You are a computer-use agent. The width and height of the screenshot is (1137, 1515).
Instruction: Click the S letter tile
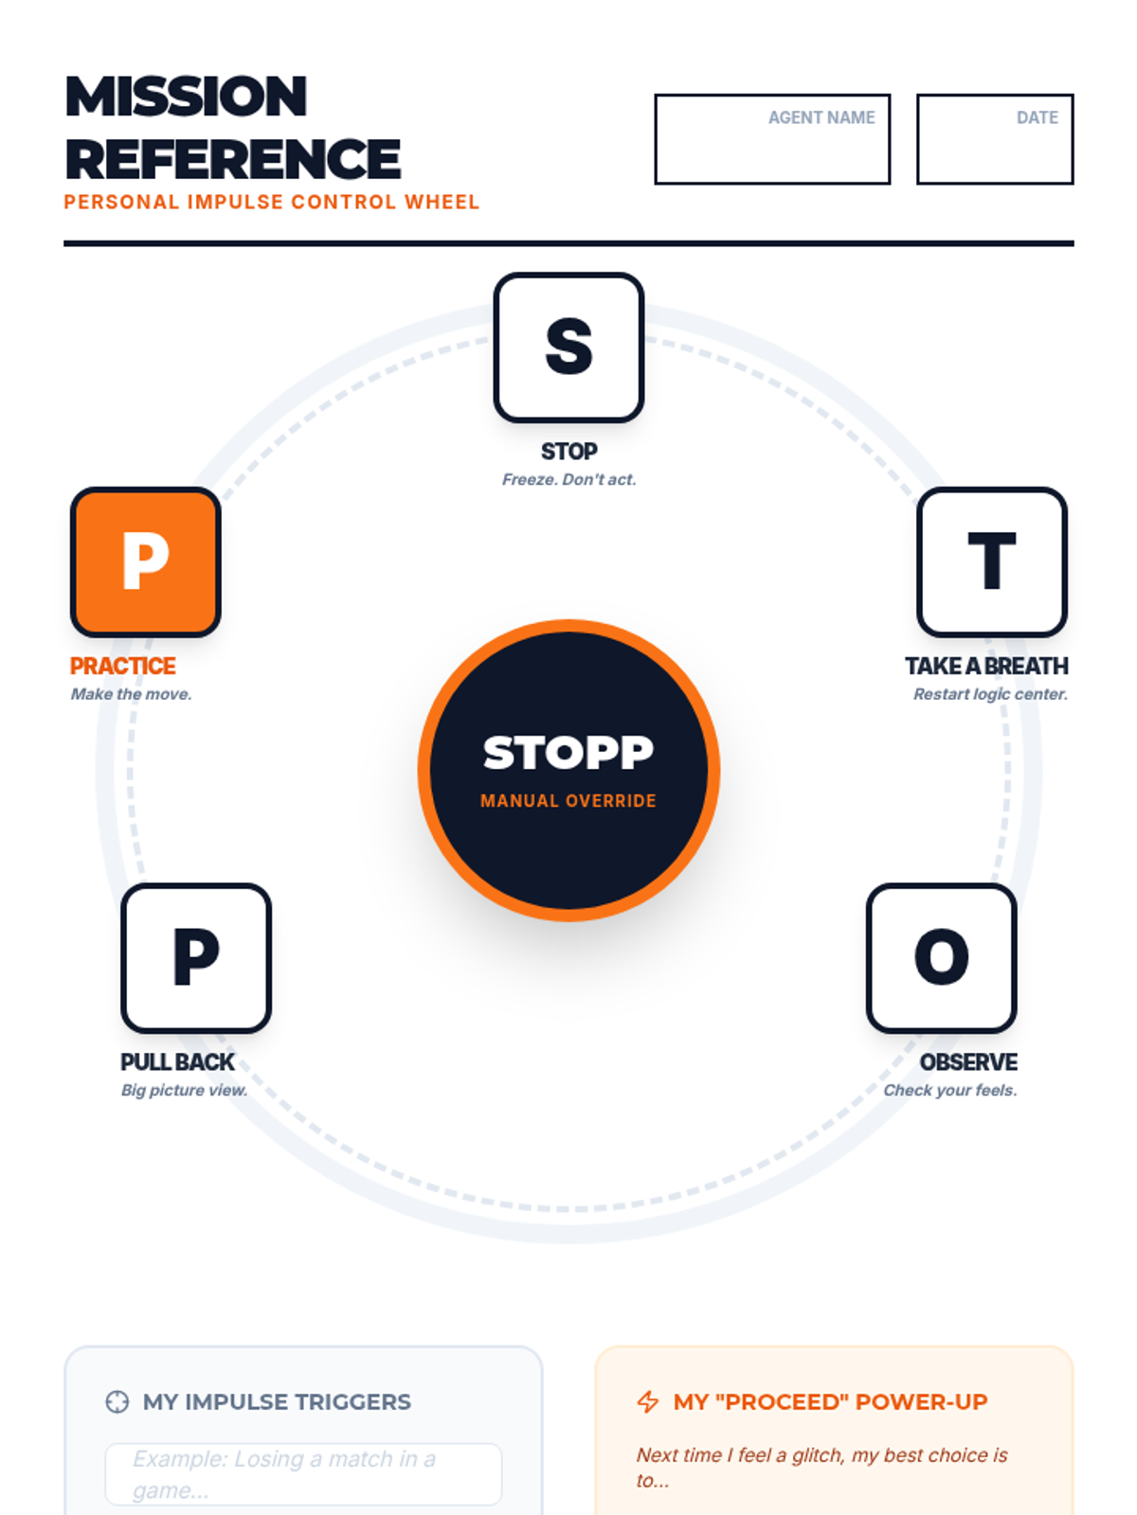[x=568, y=348]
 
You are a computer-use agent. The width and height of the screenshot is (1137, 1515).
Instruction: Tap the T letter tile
[x=992, y=562]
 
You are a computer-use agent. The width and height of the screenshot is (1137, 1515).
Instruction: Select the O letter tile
[x=941, y=958]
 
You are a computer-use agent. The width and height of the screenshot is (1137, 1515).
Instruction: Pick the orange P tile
[x=146, y=562]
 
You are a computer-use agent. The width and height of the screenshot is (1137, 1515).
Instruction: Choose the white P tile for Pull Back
[x=196, y=958]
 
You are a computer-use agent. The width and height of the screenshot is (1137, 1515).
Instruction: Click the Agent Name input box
[x=772, y=139]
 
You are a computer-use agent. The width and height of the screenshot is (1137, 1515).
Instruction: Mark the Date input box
[x=995, y=139]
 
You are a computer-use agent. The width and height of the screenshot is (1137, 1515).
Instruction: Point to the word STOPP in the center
[x=568, y=754]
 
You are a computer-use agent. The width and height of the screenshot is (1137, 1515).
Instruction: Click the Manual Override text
[x=568, y=801]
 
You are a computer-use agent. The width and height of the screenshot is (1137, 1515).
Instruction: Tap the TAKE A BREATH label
[x=986, y=667]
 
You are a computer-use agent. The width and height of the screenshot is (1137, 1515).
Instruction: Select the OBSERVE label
[x=968, y=1062]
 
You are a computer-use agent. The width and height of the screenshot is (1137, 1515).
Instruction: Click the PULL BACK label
[x=177, y=1062]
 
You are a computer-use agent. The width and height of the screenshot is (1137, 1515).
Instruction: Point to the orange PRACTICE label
[x=123, y=667]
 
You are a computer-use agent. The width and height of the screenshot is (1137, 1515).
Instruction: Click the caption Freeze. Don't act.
[x=568, y=480]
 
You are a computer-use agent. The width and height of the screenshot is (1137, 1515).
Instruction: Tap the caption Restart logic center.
[x=990, y=694]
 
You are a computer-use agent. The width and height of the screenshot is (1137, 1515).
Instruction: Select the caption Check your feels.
[x=950, y=1090]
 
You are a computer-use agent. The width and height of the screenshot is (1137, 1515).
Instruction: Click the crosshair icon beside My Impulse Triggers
[x=117, y=1402]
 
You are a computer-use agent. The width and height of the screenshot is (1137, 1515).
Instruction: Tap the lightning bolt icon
[x=648, y=1402]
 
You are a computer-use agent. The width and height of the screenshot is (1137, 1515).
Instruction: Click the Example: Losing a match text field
[x=303, y=1474]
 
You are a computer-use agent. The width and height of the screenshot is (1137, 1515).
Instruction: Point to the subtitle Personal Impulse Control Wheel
[x=272, y=203]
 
